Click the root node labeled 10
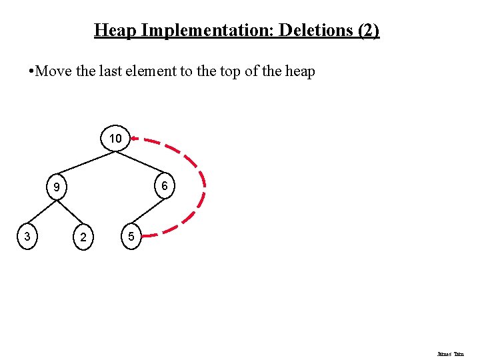(x=115, y=139)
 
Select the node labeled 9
(x=57, y=188)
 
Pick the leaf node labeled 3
(x=26, y=236)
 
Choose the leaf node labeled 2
(x=83, y=237)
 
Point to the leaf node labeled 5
(x=131, y=237)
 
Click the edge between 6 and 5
(x=148, y=212)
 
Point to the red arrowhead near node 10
(x=135, y=139)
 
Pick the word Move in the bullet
(x=51, y=71)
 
